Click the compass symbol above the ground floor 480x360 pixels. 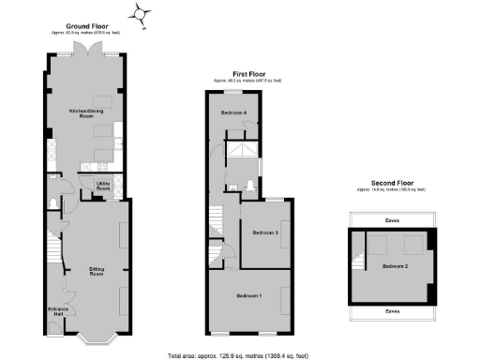pyautogui.click(x=142, y=14)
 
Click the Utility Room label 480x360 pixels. pyautogui.click(x=104, y=186)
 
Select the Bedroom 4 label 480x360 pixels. pyautogui.click(x=235, y=113)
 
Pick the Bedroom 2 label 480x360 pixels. pyautogui.click(x=396, y=266)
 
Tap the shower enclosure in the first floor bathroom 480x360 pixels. pyautogui.click(x=247, y=151)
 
